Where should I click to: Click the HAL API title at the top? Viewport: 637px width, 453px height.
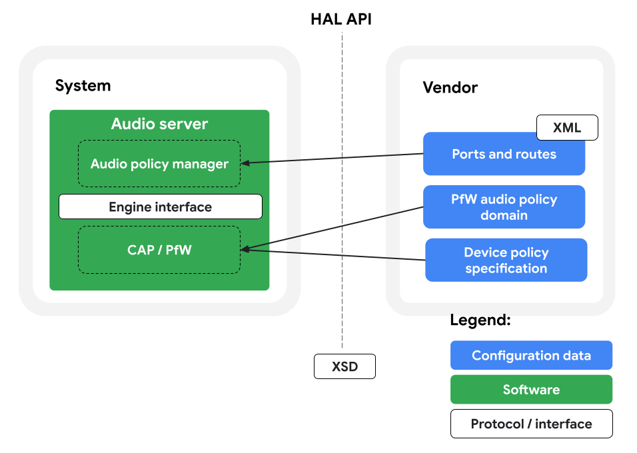341,19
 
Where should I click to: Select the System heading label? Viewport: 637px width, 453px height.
83,86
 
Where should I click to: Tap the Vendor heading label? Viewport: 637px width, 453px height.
450,88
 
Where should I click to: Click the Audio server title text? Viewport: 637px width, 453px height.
159,124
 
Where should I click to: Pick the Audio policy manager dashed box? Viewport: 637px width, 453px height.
159,164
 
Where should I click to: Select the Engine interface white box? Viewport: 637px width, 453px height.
160,207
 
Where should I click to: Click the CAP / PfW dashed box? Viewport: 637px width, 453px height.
159,250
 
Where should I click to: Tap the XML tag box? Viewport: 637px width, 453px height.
567,128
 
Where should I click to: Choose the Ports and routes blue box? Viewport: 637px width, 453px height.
504,155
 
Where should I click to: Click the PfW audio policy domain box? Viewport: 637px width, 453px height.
504,207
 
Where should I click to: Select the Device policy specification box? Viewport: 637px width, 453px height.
506,260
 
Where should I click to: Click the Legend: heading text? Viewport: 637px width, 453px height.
480,320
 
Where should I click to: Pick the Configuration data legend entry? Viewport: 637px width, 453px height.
531,356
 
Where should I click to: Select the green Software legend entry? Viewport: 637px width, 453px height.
531,390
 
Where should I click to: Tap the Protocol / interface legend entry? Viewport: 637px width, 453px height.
531,424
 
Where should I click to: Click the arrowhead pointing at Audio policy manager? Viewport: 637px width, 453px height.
245,163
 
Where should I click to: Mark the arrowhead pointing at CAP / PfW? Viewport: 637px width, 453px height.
245,249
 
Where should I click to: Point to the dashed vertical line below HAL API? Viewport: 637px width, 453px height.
342,200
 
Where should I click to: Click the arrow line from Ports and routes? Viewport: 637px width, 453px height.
333,158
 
